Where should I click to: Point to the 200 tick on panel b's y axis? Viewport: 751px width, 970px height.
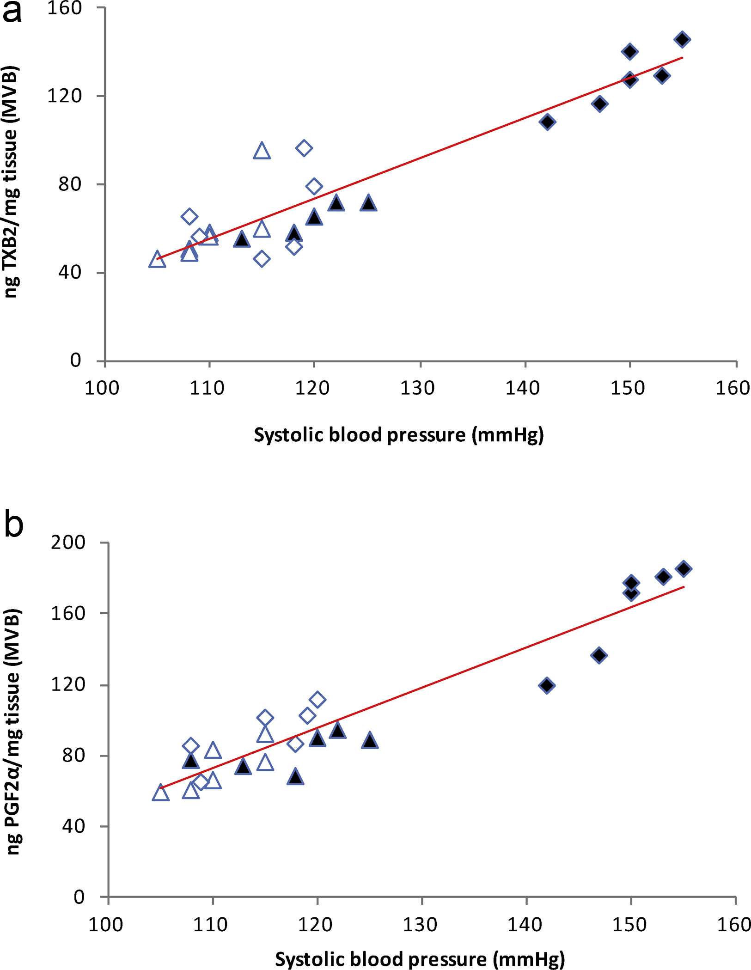[68, 543]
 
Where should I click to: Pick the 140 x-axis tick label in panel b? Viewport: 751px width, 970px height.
[525, 925]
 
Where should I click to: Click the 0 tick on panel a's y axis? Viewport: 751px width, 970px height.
[76, 360]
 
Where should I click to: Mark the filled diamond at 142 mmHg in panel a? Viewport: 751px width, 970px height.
[547, 122]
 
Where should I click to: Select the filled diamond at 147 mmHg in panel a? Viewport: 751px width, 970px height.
[599, 104]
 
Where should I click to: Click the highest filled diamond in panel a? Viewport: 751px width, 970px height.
[682, 39]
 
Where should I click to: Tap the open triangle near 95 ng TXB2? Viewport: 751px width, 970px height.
[262, 151]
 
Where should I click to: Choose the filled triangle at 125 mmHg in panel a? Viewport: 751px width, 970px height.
[368, 203]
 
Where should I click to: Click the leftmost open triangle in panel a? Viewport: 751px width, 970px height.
[157, 260]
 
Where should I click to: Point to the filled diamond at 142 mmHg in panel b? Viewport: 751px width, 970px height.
[547, 685]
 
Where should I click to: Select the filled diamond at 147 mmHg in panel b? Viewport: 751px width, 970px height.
[599, 655]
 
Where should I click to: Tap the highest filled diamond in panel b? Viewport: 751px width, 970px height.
[684, 568]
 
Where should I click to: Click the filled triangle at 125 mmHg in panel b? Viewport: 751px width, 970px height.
[370, 741]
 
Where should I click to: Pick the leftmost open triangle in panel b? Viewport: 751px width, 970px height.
[160, 793]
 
